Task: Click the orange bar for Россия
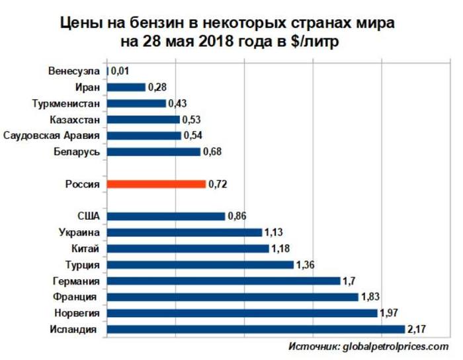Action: click(156, 184)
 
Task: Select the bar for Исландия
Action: click(255, 329)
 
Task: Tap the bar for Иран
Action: click(126, 87)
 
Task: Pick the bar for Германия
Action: click(223, 281)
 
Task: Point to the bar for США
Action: click(165, 216)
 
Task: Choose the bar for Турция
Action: click(200, 265)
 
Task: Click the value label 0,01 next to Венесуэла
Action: click(120, 71)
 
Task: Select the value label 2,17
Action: click(417, 329)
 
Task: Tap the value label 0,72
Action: click(218, 184)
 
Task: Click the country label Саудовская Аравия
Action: click(52, 136)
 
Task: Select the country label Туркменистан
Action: click(66, 103)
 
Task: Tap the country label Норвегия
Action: click(75, 313)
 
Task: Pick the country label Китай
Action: click(85, 249)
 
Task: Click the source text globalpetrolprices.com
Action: click(396, 346)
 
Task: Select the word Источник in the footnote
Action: click(314, 346)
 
